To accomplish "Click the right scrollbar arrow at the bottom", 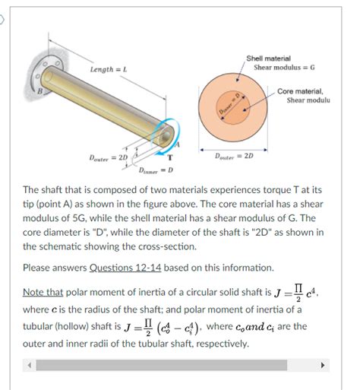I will tap(324, 364).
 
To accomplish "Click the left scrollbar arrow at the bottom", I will tap(30, 364).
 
